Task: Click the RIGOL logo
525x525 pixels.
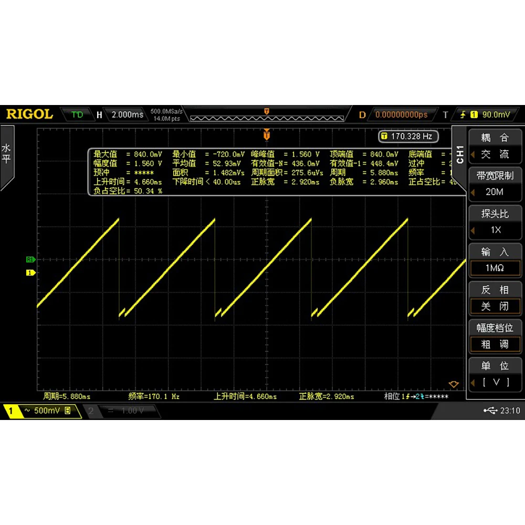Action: point(29,114)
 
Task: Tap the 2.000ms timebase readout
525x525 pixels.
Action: point(127,114)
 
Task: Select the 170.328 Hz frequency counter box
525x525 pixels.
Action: point(408,136)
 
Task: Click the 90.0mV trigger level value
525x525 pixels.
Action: point(496,114)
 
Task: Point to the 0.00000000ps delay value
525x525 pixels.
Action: point(401,114)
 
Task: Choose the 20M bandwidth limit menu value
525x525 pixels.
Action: point(494,192)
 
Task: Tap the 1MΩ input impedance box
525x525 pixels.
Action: point(495,268)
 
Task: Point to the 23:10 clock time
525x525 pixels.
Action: point(510,411)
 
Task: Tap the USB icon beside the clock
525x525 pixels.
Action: point(490,411)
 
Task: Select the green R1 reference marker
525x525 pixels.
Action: point(30,259)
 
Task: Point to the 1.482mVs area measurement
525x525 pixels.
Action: point(228,173)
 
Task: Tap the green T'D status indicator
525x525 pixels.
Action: point(77,114)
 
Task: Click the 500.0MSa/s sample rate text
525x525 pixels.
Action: point(166,111)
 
